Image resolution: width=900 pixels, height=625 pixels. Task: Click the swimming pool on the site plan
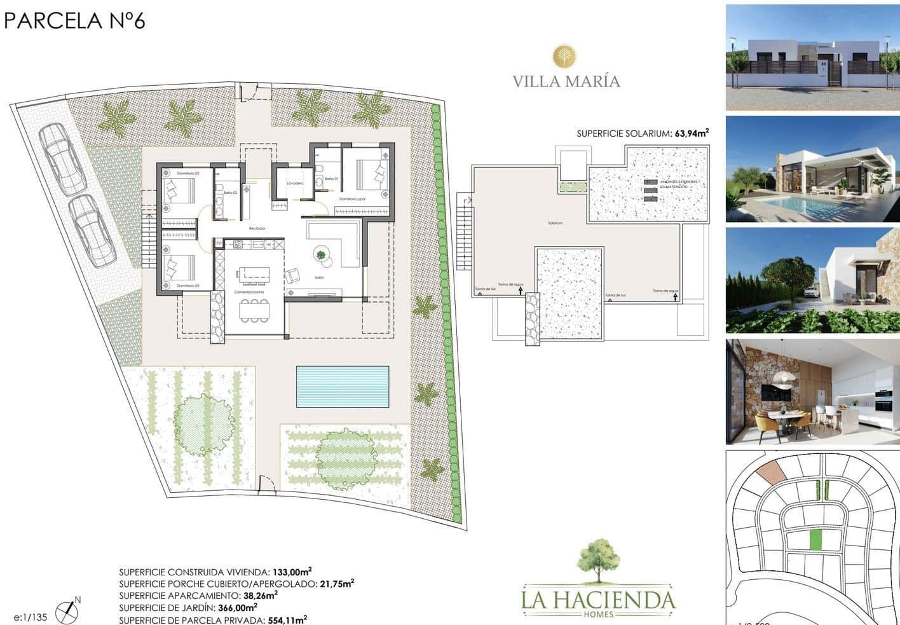pyautogui.click(x=343, y=387)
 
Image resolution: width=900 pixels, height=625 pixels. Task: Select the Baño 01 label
pyautogui.click(x=331, y=179)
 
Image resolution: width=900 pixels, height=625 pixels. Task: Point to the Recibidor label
pyautogui.click(x=257, y=228)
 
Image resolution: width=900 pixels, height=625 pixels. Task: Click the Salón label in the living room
pyautogui.click(x=319, y=278)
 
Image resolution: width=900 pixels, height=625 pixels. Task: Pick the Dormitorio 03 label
pyautogui.click(x=188, y=285)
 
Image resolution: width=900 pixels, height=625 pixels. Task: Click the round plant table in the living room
pyautogui.click(x=321, y=256)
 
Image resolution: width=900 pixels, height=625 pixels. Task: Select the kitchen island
pyautogui.click(x=254, y=274)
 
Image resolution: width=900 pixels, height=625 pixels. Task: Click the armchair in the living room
pyautogui.click(x=293, y=276)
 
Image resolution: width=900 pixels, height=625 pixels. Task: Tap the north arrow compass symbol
pyautogui.click(x=66, y=611)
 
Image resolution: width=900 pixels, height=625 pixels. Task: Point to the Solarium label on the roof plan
pyautogui.click(x=555, y=223)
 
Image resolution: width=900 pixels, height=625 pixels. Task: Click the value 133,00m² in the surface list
pyautogui.click(x=292, y=572)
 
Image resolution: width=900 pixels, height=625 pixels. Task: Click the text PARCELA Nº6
pyautogui.click(x=75, y=20)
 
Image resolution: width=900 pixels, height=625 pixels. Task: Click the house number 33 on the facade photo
pyautogui.click(x=823, y=64)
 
